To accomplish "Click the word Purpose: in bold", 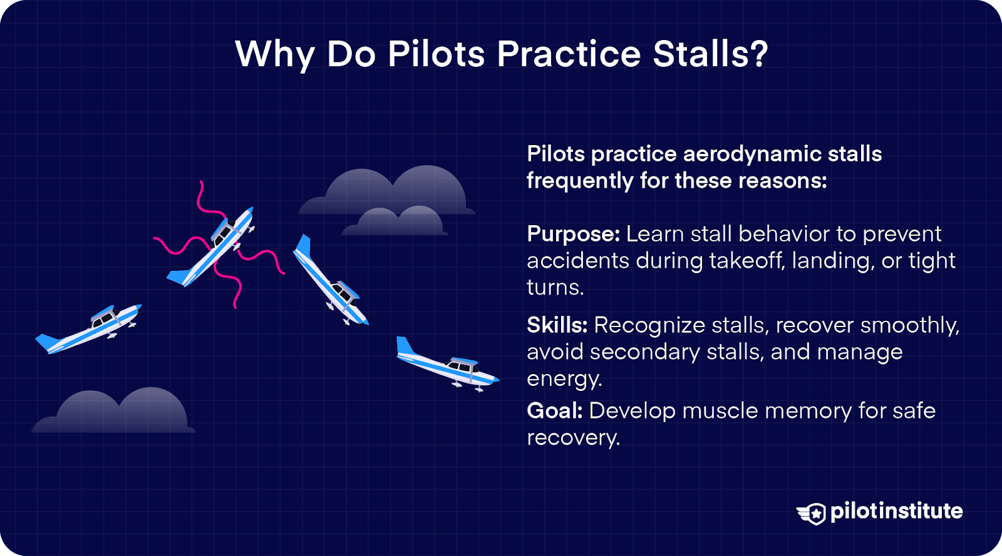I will [x=573, y=235].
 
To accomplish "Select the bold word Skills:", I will [x=557, y=325].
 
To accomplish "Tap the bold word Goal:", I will [x=554, y=411].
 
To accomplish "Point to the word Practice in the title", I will [x=569, y=54].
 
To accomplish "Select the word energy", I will [x=564, y=379].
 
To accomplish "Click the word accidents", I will [x=577, y=261].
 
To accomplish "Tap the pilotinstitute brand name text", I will [x=896, y=511].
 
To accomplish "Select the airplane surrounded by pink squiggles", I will [x=213, y=248].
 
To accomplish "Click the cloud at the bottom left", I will [x=115, y=412].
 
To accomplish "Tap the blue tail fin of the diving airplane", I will [x=303, y=246].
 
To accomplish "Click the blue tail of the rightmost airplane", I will [x=405, y=346].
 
